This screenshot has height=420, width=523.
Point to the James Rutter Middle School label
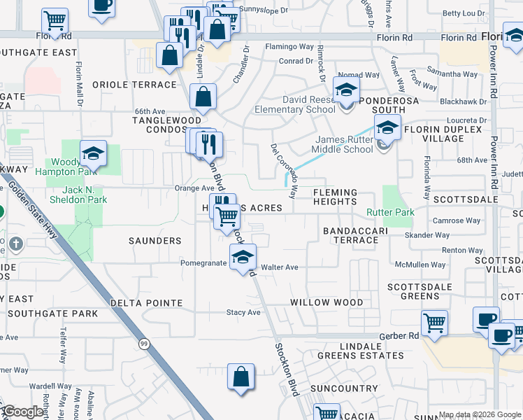339,144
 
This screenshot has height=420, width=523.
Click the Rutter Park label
390,212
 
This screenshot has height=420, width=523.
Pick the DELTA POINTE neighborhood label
146,303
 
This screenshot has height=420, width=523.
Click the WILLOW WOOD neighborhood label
327,302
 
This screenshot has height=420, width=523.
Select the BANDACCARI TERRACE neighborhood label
350,235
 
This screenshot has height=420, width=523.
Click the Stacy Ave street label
243,312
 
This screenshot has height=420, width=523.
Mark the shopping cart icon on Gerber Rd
434,323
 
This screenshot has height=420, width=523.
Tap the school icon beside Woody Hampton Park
93,153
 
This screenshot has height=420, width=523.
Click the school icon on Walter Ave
243,257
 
